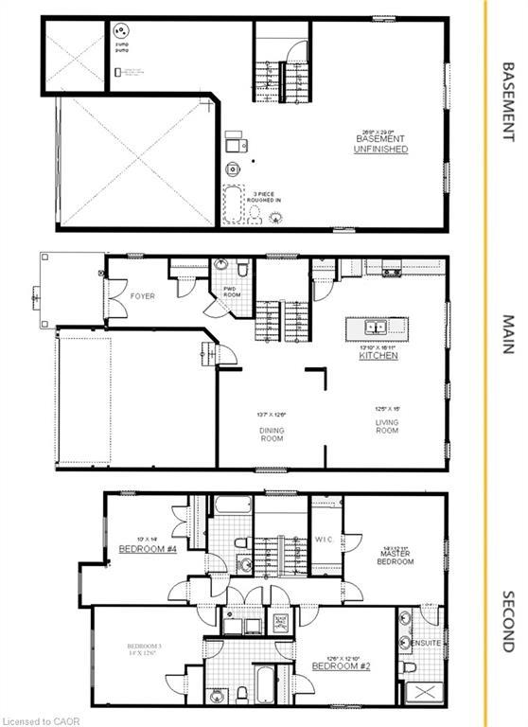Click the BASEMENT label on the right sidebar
[507, 102]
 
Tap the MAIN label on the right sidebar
[507, 335]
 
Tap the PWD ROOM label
[232, 292]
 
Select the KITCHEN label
[378, 356]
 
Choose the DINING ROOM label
[273, 435]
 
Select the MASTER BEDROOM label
[395, 556]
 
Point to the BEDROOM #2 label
[340, 666]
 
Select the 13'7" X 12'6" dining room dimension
[271, 414]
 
